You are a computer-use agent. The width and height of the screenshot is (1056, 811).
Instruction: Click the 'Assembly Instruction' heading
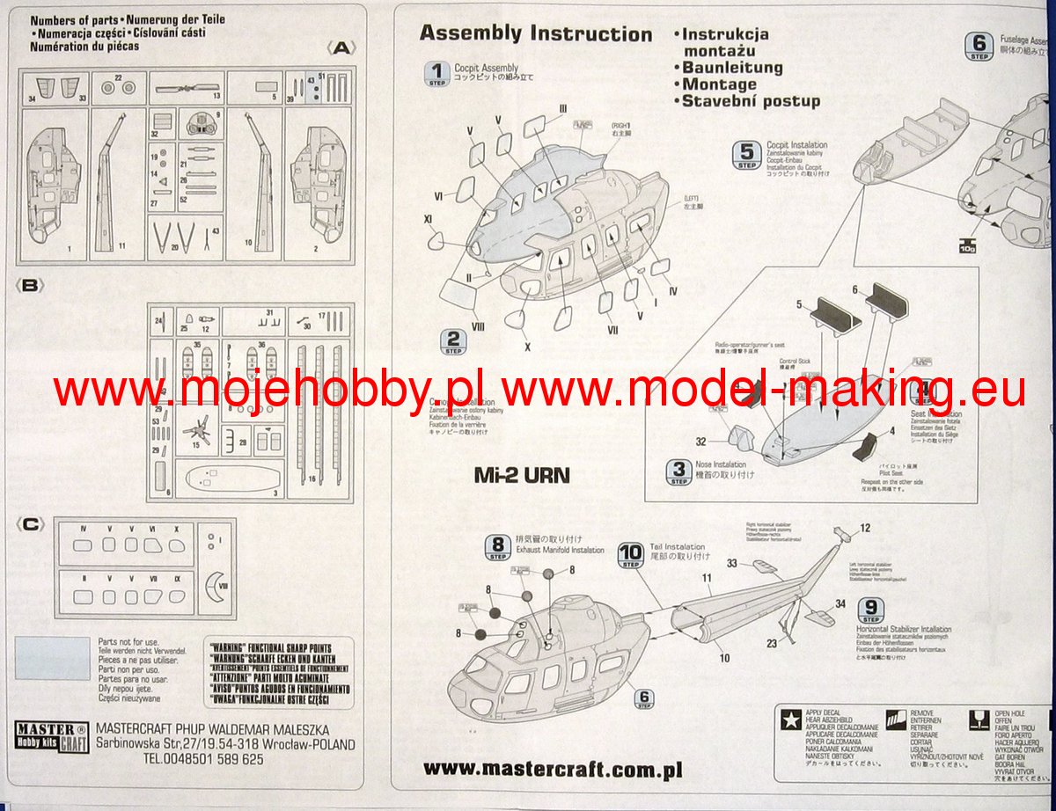tap(535, 34)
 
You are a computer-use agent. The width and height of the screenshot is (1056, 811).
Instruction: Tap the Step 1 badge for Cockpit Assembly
tap(436, 73)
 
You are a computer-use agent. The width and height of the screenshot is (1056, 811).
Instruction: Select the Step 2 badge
tap(453, 342)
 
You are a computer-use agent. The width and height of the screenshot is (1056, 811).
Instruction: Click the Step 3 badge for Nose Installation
tap(678, 472)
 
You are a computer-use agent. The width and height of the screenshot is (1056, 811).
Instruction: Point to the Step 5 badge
tap(746, 154)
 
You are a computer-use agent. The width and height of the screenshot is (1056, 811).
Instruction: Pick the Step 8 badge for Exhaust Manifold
tap(498, 548)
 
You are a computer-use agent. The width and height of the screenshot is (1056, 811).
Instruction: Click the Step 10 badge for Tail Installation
tap(632, 553)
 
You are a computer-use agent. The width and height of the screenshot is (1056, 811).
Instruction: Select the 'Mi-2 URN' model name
tap(522, 476)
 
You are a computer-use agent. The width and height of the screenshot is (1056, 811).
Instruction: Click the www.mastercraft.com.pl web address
tap(553, 768)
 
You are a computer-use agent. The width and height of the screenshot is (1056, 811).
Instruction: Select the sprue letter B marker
tap(30, 285)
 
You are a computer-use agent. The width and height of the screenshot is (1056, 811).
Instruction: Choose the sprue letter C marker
tap(30, 525)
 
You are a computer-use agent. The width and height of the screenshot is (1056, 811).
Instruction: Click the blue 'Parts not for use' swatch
tap(53, 658)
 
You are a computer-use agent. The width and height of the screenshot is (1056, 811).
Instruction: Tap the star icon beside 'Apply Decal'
tap(789, 720)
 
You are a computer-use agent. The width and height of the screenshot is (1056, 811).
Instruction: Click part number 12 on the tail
tap(864, 528)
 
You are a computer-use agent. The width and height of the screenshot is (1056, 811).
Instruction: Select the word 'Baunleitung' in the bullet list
tap(732, 68)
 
